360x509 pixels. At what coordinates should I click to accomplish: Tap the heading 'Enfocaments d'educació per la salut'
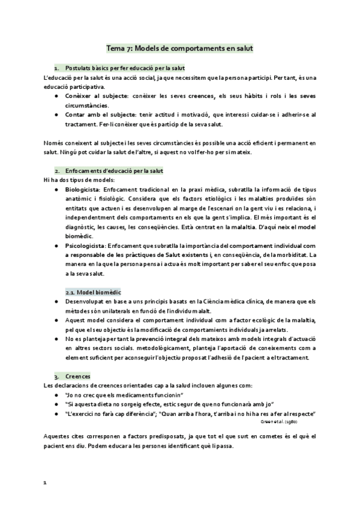tap(114, 171)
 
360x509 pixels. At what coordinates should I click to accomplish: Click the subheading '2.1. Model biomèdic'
tap(89, 292)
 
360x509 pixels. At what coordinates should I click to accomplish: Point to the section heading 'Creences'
tap(79, 376)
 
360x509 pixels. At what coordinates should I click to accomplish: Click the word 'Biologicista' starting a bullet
tap(84, 190)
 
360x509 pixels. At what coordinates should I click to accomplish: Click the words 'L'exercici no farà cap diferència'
tap(112, 414)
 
